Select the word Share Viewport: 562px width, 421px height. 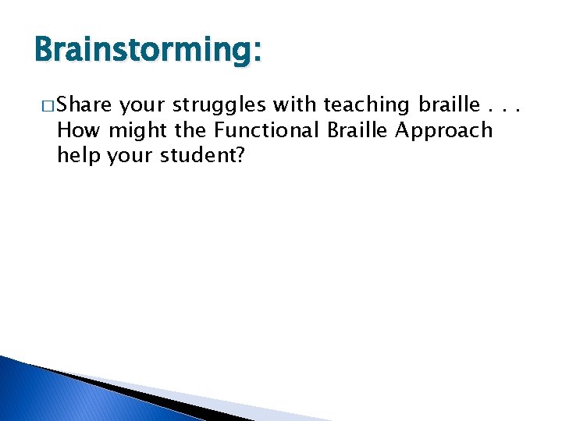85,104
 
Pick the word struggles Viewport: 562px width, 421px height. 218,105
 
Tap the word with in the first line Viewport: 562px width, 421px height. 295,104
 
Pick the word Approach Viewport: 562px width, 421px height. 444,131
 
